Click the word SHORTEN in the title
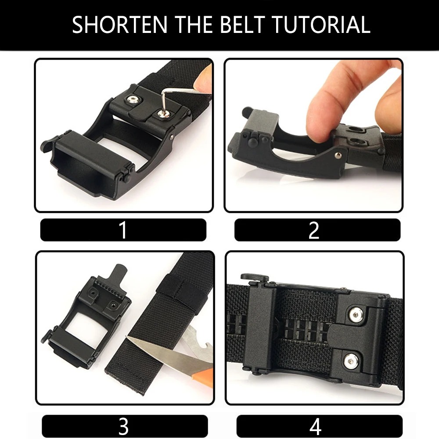119,25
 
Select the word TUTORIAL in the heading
321,25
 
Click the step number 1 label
123,230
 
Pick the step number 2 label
314,230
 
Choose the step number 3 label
123,426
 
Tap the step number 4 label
316,426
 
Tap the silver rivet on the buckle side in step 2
338,155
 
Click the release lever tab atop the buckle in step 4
255,278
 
